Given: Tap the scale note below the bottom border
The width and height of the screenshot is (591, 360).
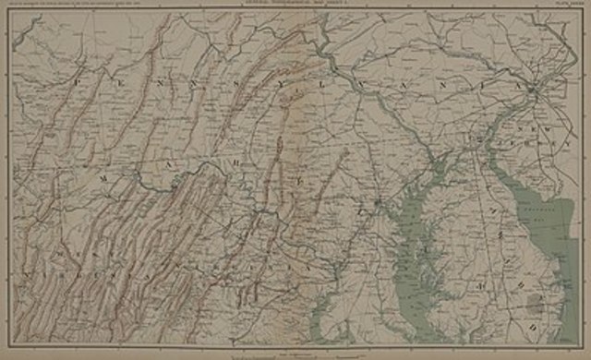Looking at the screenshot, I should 295,352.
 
